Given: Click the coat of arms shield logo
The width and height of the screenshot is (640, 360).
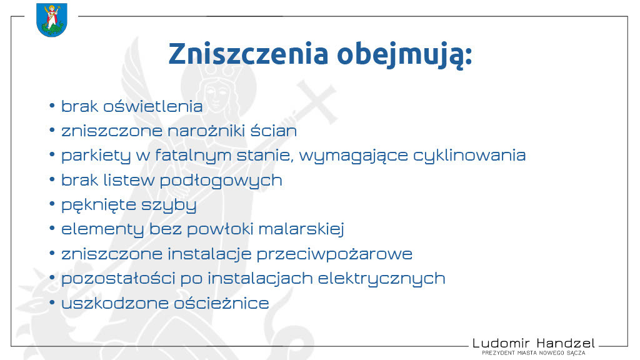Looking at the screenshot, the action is click(51, 19).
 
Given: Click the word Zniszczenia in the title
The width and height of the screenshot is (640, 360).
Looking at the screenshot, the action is click(249, 54).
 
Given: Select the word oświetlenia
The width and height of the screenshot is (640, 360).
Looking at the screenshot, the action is click(152, 106).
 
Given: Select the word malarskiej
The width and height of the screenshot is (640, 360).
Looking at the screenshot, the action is click(301, 229).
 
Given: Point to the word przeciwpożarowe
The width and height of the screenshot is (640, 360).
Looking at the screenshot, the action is click(334, 254).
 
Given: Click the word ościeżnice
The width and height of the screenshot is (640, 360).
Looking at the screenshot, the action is click(222, 303).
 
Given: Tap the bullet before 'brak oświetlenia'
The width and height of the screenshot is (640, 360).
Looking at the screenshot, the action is click(52, 106).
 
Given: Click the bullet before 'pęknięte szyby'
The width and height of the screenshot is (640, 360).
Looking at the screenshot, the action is click(52, 204).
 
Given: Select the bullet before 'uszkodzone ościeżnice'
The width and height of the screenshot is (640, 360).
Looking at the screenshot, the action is click(52, 302).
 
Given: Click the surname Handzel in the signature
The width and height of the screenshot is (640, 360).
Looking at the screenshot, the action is click(566, 343).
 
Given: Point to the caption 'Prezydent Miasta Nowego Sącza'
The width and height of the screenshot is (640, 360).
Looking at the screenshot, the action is click(534, 352).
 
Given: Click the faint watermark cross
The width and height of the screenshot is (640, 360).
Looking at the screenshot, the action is click(317, 102).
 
